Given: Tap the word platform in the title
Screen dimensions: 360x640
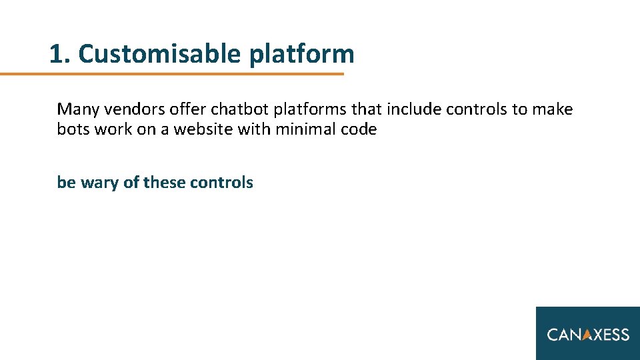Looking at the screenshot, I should pos(302,55).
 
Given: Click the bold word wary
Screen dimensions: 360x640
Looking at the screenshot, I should pos(99,183).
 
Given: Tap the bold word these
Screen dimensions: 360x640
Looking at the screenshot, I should pos(164,183).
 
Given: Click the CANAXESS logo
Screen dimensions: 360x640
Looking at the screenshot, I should pos(588,333).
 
